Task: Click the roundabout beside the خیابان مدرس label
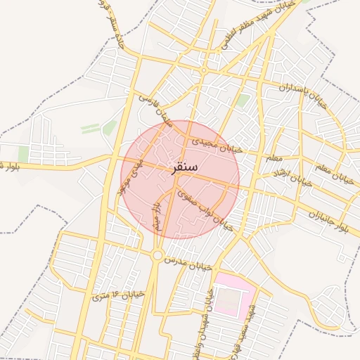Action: pyautogui.click(x=157, y=256)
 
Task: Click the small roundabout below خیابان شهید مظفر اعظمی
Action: pyautogui.click(x=204, y=70)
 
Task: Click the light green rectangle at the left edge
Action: pyautogui.click(x=23, y=154)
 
